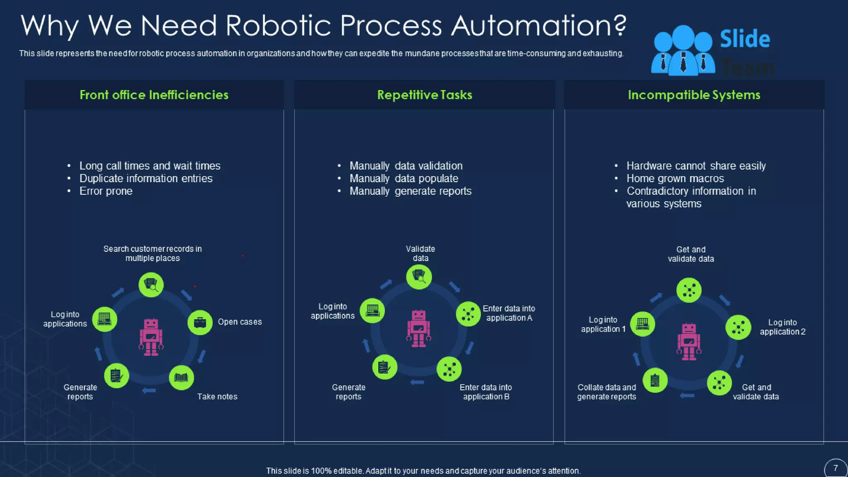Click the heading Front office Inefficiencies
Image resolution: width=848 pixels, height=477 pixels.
[154, 95]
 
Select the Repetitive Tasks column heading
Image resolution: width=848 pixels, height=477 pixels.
[424, 95]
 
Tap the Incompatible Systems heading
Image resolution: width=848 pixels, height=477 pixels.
[694, 95]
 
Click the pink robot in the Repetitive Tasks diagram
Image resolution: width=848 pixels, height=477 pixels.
[419, 328]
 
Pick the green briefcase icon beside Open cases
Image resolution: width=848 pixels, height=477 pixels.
[200, 322]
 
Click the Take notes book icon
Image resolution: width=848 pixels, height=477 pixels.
[181, 377]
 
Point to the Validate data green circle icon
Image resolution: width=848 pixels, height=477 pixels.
[419, 277]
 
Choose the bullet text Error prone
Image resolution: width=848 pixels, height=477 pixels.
[106, 191]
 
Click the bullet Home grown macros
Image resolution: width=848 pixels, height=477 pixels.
[675, 178]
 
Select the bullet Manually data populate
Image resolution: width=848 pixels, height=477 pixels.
[404, 178]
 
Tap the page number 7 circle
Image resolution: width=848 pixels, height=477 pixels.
[836, 468]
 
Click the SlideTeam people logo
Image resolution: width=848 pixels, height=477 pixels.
[683, 51]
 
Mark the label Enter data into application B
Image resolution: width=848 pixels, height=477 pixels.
[486, 392]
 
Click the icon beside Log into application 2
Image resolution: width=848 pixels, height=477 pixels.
[738, 327]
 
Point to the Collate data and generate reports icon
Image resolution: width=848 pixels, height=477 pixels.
[655, 380]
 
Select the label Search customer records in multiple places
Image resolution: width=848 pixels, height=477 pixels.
[152, 253]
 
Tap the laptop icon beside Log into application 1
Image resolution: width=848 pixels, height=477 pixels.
[643, 324]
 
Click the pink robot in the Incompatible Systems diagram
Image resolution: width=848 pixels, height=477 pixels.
[689, 342]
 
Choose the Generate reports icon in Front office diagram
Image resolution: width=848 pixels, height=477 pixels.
[116, 376]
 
